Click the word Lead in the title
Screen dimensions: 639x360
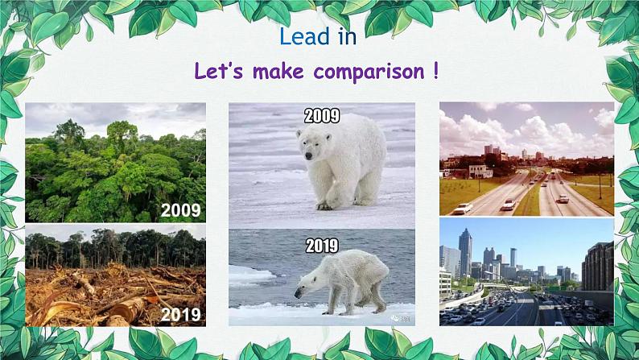304,36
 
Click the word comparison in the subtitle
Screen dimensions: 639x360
369,72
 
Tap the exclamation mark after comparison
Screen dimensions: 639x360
435,71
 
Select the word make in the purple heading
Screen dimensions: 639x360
279,71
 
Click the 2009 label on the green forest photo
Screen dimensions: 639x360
181,210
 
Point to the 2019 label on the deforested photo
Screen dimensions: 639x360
181,314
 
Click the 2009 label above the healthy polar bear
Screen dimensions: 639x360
322,116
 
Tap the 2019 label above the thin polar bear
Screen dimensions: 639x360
322,246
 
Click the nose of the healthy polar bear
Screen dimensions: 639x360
309,155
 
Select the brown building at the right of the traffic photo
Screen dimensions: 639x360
597,267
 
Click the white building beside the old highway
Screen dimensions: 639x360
480,172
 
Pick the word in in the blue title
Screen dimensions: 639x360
347,36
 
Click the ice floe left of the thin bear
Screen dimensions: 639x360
250,275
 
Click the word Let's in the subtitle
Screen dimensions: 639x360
218,71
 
